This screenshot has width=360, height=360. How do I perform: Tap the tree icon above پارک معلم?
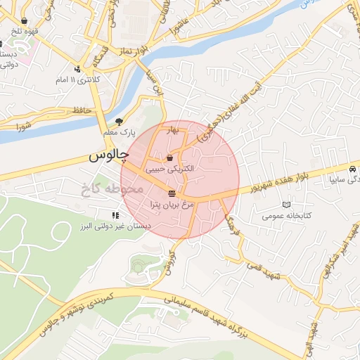click(118, 121)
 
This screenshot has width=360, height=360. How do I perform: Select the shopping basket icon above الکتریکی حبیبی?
click(169, 158)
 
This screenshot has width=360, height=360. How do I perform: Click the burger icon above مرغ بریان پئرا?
click(172, 193)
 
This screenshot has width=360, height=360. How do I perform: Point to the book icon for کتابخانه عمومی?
click(285, 205)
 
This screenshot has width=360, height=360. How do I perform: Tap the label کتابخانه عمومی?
click(286, 216)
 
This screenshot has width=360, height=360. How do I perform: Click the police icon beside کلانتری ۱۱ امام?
click(77, 69)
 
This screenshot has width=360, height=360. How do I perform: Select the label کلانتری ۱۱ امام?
click(78, 79)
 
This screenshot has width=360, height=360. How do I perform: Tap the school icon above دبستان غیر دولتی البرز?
click(115, 215)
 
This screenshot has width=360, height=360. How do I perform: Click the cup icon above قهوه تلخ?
click(25, 21)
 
